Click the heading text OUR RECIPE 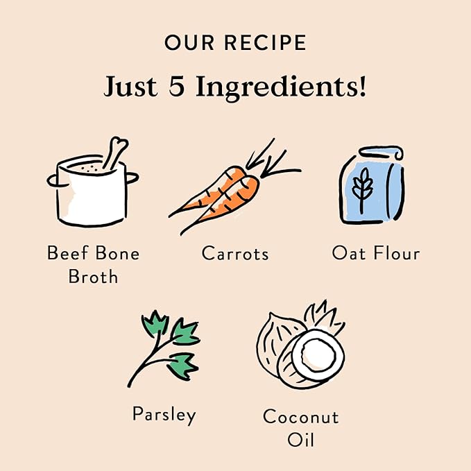tap(234, 42)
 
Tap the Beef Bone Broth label tap(93, 264)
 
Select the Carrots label tap(234, 254)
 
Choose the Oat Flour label tap(375, 253)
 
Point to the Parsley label tap(164, 415)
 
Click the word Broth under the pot tap(93, 277)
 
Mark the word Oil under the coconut tap(300, 440)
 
